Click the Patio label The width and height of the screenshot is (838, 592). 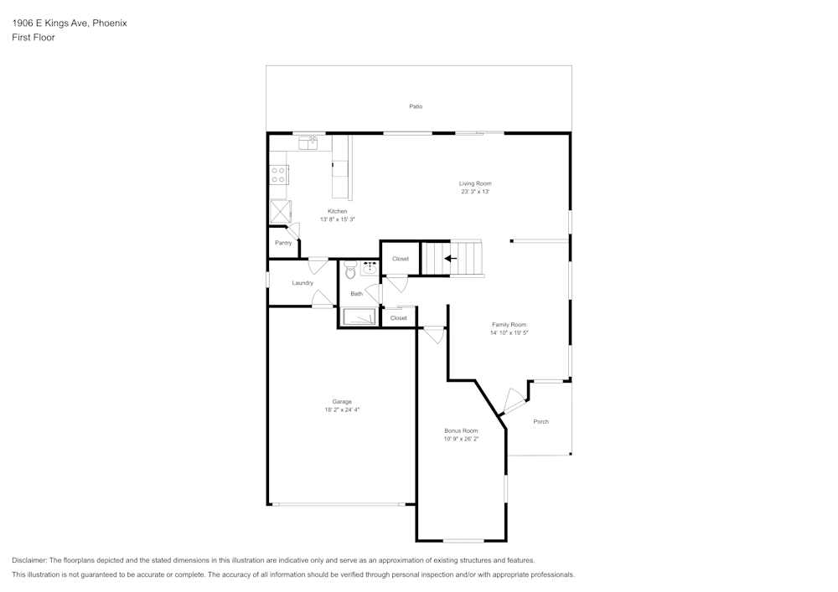click(x=416, y=106)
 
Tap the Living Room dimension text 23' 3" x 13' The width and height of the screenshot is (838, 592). click(x=475, y=191)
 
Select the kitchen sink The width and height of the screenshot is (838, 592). click(x=308, y=143)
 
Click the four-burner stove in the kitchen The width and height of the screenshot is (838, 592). click(x=278, y=174)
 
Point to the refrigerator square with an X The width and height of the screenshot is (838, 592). click(x=280, y=211)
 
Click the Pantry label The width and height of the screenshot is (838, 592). click(x=283, y=243)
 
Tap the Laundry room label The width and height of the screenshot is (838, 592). click(x=303, y=283)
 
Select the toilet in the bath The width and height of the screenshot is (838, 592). click(x=350, y=270)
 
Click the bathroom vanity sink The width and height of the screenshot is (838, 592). click(x=370, y=269)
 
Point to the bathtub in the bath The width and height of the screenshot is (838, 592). click(x=359, y=317)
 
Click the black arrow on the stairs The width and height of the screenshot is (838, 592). click(x=451, y=259)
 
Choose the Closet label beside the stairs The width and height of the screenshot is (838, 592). click(x=401, y=259)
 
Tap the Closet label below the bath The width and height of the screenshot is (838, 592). click(x=398, y=318)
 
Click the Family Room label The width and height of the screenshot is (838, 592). click(x=509, y=325)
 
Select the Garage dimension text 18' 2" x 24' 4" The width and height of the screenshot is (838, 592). click(x=342, y=410)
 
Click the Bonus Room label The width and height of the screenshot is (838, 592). click(x=461, y=430)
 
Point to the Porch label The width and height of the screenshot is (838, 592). click(x=541, y=422)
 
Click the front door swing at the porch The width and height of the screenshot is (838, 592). click(x=513, y=401)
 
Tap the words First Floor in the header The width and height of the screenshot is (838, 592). click(x=34, y=38)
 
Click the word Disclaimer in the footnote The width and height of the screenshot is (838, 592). click(x=28, y=560)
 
